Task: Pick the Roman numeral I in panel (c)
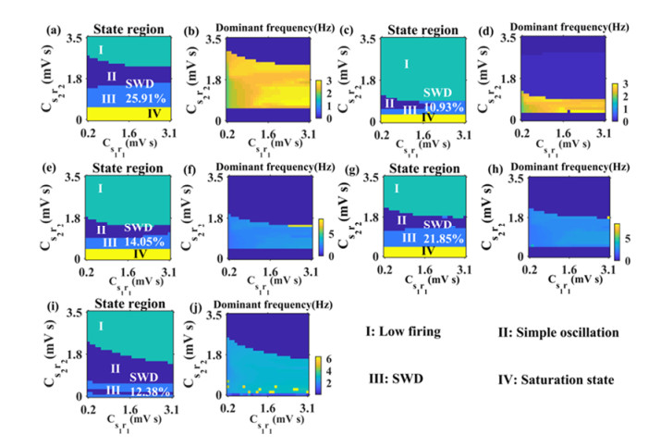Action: point(407,63)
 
